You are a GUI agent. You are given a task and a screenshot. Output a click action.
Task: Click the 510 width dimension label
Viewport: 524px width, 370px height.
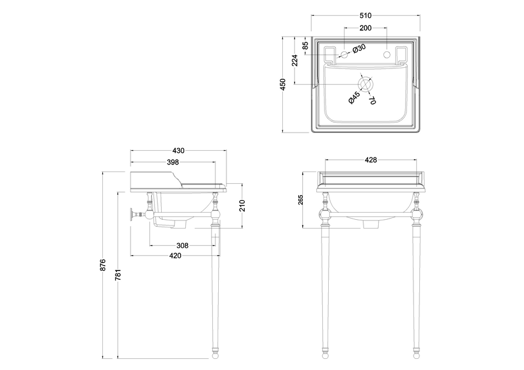click(365, 15)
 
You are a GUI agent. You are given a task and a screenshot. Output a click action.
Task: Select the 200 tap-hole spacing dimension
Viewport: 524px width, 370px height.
click(365, 28)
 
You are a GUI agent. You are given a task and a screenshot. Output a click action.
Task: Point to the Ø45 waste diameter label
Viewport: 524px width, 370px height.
click(354, 97)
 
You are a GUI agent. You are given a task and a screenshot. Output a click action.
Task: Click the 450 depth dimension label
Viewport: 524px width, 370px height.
click(283, 84)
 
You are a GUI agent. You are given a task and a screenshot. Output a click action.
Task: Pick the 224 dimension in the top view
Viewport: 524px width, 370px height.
click(295, 60)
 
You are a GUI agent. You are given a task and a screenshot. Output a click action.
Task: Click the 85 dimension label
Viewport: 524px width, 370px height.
click(305, 45)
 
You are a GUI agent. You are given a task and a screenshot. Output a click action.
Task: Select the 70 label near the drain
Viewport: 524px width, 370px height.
click(372, 100)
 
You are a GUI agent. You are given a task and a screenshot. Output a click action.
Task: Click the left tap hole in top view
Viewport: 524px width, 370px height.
click(344, 55)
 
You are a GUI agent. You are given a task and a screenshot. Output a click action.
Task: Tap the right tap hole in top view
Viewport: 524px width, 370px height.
click(387, 55)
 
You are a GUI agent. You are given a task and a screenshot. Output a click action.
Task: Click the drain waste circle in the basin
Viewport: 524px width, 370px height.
click(365, 84)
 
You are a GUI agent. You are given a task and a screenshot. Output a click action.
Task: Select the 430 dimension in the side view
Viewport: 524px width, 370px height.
click(178, 151)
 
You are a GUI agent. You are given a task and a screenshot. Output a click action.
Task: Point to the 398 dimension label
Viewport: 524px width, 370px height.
click(173, 162)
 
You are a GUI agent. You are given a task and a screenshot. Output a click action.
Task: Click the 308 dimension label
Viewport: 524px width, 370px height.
click(182, 246)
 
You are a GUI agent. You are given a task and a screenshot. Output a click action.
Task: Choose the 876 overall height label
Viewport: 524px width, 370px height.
click(103, 265)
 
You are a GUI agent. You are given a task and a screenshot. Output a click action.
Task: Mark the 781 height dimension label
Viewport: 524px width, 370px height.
click(118, 275)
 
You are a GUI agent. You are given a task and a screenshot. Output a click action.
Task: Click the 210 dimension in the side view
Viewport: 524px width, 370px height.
click(242, 206)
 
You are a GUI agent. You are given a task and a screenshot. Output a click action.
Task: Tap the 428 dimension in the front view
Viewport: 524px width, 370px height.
click(371, 160)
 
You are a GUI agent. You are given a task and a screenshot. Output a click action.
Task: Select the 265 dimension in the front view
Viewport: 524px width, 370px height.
click(301, 200)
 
